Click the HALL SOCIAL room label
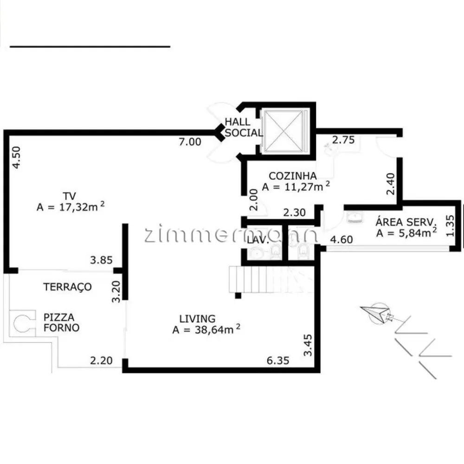point(244,127)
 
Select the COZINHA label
point(293,176)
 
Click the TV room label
point(69,196)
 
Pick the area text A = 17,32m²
point(71,206)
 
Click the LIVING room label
point(197,318)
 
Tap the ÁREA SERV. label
point(406,222)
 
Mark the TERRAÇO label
point(67,287)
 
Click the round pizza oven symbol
point(22,323)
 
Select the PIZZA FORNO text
point(61,322)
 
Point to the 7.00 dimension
point(190,142)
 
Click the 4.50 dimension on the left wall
point(16,157)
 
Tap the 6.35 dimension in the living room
point(278,361)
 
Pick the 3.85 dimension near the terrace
point(101,260)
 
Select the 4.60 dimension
point(342,239)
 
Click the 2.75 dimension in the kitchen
point(343,140)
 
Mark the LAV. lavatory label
point(258,240)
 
